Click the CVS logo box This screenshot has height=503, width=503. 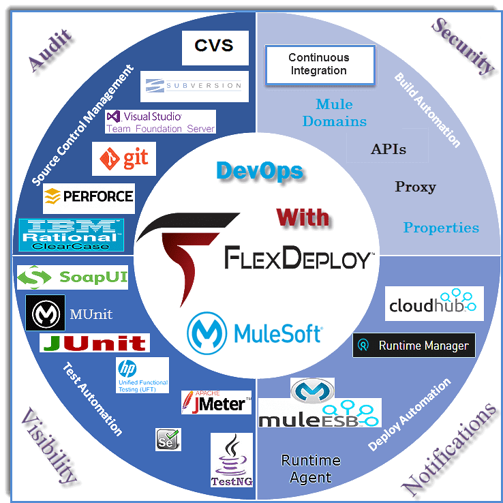click(x=215, y=46)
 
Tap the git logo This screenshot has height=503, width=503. click(x=124, y=159)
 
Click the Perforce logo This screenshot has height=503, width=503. click(x=89, y=197)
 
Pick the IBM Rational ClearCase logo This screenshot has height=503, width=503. click(x=71, y=234)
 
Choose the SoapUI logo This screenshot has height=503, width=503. click(x=72, y=277)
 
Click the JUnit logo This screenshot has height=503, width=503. click(x=93, y=343)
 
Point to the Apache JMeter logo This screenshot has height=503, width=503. click(x=216, y=402)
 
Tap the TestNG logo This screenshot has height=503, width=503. click(x=232, y=460)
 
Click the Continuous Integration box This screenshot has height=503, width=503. click(x=319, y=64)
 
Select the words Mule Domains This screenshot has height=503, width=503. click(x=334, y=113)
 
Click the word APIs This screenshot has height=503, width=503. click(x=388, y=149)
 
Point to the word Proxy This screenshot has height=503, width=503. click(x=415, y=187)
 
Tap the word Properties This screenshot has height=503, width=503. click(x=441, y=228)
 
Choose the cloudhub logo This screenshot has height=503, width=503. click(x=434, y=304)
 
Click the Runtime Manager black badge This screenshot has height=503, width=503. click(x=414, y=346)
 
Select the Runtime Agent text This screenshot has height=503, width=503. click(x=311, y=469)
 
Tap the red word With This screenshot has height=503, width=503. click(x=303, y=217)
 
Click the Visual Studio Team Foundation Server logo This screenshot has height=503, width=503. click(x=160, y=122)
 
